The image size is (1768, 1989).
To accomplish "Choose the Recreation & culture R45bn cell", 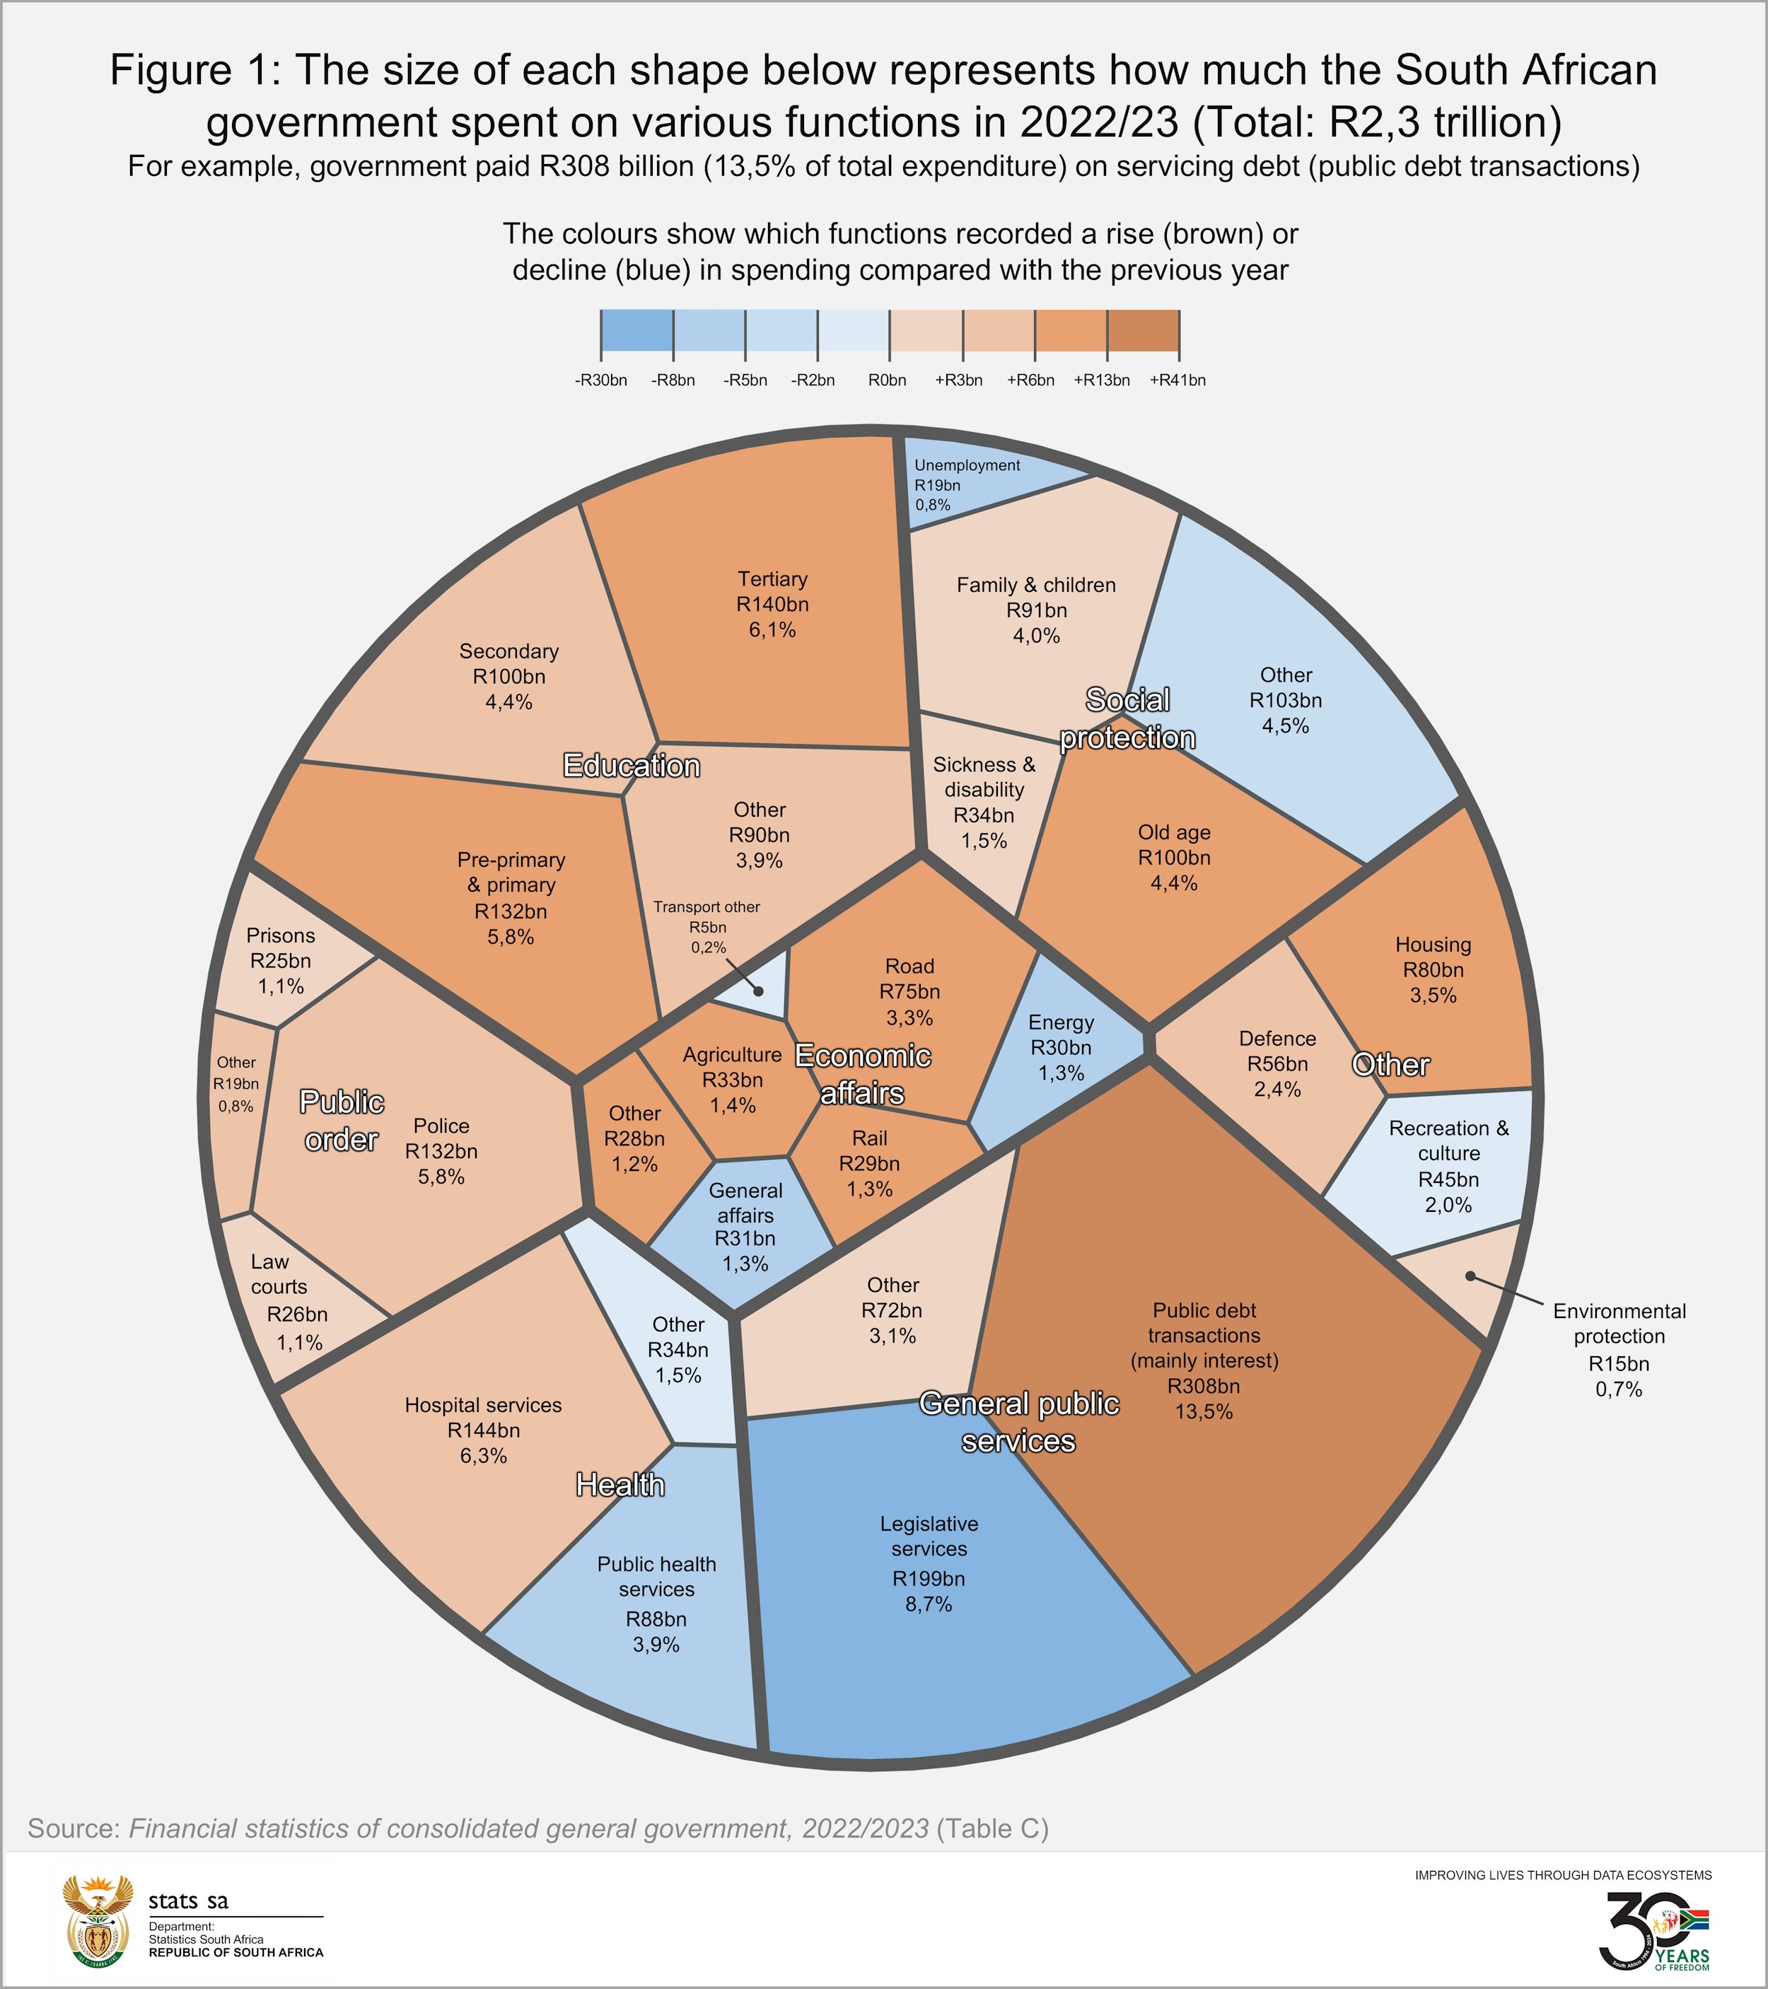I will [x=1448, y=1167].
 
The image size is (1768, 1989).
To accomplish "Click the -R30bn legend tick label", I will [x=600, y=380].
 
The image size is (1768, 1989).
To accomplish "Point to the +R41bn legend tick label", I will [x=1177, y=380].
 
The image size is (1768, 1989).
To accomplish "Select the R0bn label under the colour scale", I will [x=888, y=380].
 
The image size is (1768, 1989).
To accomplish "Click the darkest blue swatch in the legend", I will [x=636, y=331].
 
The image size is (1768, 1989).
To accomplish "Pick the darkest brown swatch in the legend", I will [x=1144, y=331].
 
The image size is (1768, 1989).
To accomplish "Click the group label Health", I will [x=620, y=1485].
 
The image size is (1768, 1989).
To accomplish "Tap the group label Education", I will [x=632, y=766].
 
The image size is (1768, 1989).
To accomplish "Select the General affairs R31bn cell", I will [x=745, y=1227].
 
